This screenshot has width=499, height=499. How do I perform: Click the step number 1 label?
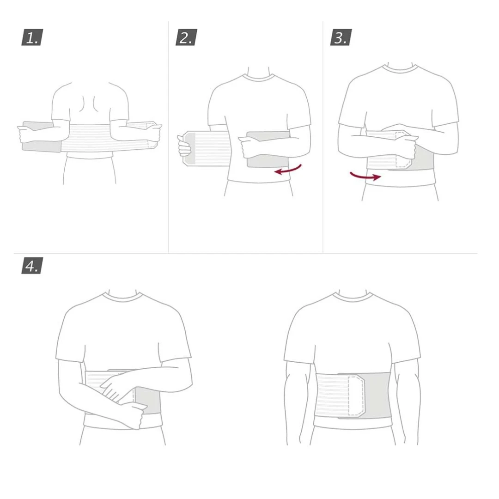tap(32, 37)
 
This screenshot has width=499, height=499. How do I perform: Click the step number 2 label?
tap(187, 37)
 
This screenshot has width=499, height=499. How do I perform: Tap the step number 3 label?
tap(341, 37)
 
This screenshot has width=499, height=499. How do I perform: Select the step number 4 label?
tap(32, 266)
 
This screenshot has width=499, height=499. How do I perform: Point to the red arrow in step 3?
tap(365, 176)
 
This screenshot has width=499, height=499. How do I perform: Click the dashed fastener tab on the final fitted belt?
tap(356, 396)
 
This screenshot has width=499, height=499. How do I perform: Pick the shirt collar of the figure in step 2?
tap(258, 76)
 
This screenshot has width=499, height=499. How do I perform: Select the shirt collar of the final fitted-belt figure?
tap(353, 296)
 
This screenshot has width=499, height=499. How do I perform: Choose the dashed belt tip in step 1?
tap(151, 135)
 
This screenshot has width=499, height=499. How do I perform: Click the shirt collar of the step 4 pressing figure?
tap(122, 296)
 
